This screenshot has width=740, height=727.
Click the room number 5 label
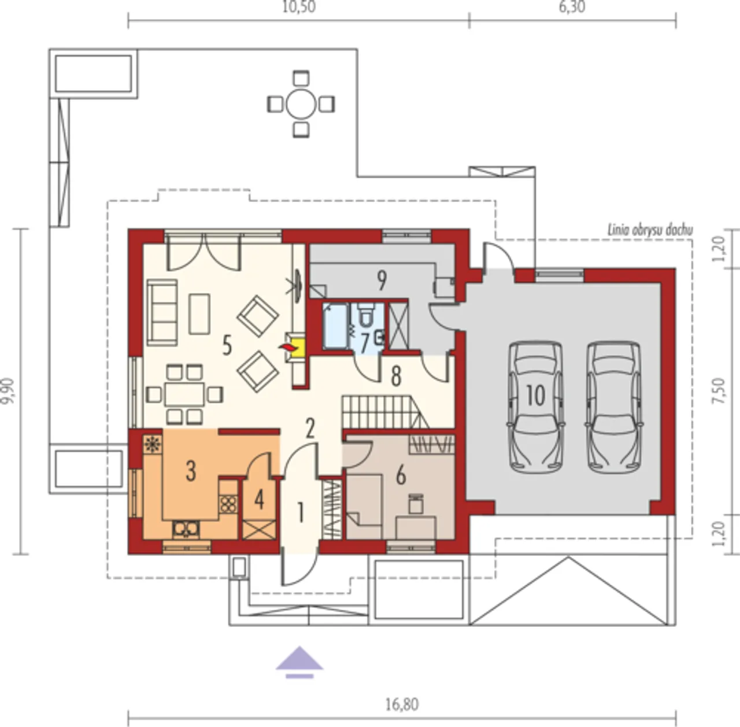tap(227, 345)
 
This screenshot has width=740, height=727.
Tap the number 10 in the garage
tap(536, 395)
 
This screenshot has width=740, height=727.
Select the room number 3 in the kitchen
tap(191, 471)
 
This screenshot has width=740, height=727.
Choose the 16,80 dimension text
tap(402, 704)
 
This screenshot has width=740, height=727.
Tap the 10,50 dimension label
tap(299, 6)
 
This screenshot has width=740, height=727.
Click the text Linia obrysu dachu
tap(650, 230)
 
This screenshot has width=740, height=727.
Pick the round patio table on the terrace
tap(301, 104)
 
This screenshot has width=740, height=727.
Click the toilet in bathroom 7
tap(365, 314)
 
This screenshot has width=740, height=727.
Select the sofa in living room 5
tap(162, 312)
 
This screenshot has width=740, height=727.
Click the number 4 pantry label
tap(259, 500)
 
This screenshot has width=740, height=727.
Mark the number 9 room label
tap(382, 281)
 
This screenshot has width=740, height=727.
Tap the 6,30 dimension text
tap(572, 6)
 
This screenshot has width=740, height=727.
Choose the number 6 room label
tap(401, 476)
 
